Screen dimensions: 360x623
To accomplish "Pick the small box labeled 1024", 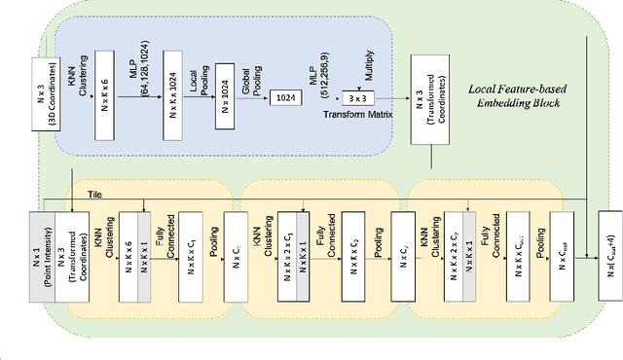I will click(x=283, y=98).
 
